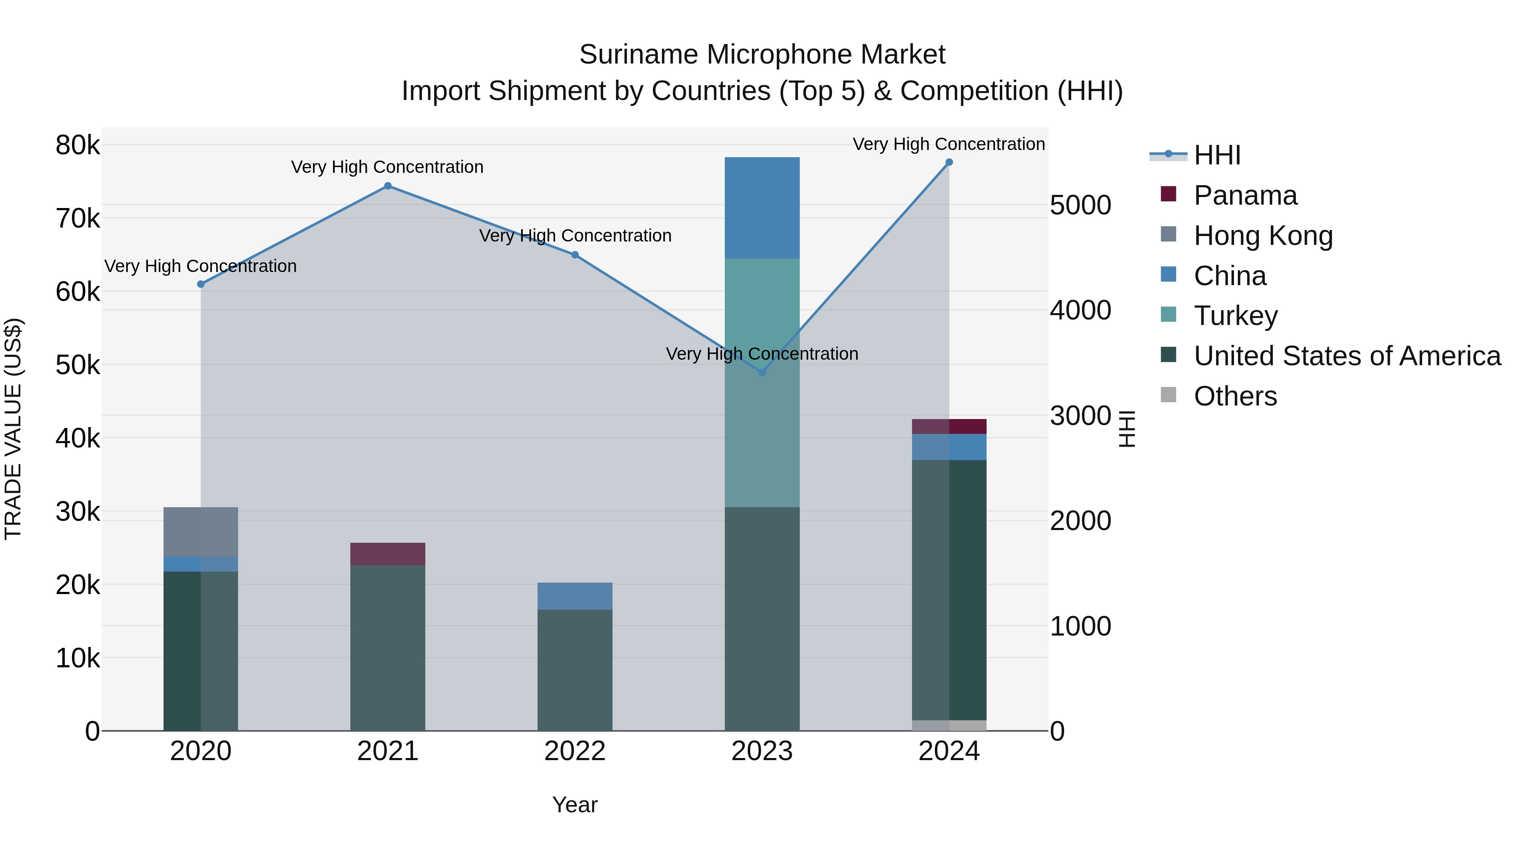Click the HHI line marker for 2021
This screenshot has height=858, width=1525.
pos(388,186)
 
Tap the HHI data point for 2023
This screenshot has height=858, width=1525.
pos(762,372)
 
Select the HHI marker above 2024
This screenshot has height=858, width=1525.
pos(949,162)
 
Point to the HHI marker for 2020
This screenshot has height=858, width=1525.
pos(201,284)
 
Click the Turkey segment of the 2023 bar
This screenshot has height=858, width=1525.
pos(762,383)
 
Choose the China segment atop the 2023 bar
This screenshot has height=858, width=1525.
pos(762,208)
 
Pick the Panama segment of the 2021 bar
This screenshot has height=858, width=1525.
pos(388,554)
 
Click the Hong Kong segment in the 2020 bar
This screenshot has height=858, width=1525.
pos(201,532)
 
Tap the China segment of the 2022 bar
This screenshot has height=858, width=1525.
pos(575,596)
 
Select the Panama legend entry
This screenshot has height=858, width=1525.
pos(1245,195)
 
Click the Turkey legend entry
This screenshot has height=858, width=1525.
pos(1236,316)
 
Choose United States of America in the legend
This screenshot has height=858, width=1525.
pos(1347,356)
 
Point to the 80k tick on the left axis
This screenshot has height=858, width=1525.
pos(78,145)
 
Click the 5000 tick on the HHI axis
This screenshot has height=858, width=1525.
pos(1080,205)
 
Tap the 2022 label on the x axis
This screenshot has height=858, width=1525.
pos(575,751)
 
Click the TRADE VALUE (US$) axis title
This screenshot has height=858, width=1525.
pos(14,429)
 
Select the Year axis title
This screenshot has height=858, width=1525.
pos(575,805)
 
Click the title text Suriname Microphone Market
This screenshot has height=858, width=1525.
pos(762,55)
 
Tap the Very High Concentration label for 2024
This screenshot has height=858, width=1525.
pos(948,144)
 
